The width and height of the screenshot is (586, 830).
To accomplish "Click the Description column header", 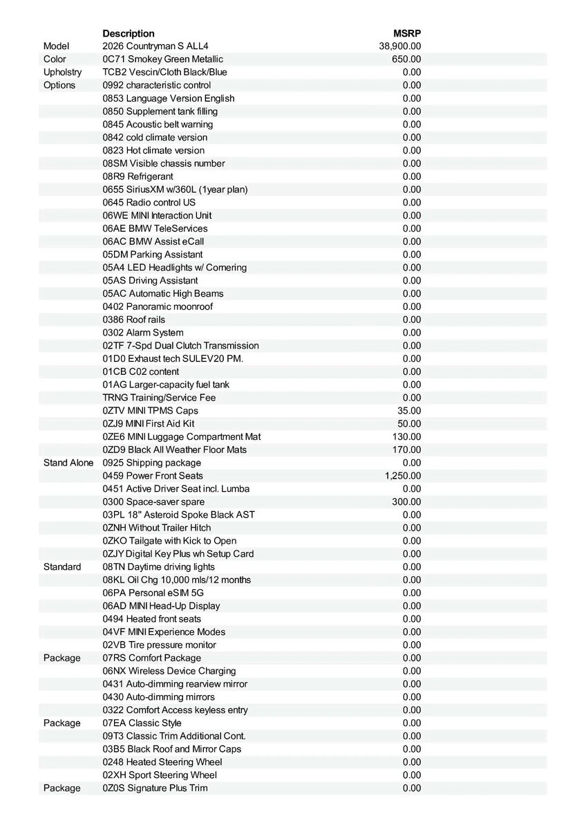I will point(129,33).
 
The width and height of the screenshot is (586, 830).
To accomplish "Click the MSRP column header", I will point(407,33).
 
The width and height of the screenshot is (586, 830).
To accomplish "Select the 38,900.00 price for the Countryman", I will point(400,46).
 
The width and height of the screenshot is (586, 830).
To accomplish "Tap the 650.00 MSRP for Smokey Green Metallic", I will point(406,59).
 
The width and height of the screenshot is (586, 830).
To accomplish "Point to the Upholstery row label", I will point(62,72).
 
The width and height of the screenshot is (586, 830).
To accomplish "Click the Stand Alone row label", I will point(68,463).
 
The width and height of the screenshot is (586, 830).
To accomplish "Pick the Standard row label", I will point(62,566).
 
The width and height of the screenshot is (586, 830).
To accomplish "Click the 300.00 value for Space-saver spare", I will point(406,501).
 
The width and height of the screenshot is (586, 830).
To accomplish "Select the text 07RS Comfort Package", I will point(152,658).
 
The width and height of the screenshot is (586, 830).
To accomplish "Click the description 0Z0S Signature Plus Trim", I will point(155,788).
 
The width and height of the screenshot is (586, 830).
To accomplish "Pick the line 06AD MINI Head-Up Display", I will point(161,606).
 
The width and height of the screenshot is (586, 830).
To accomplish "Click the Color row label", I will point(55,59).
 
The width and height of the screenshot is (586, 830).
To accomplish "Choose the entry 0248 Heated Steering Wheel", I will point(162,762).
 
